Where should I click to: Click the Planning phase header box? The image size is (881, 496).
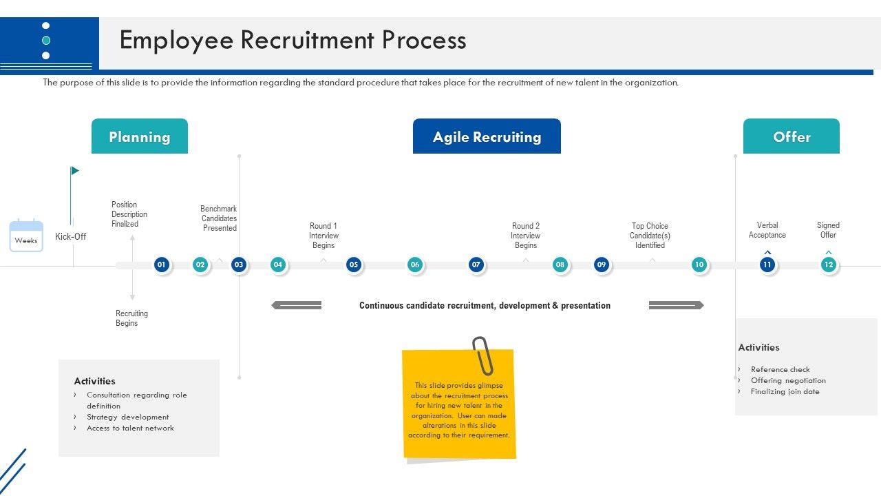point(139,136)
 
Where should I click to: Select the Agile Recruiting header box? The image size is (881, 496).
point(487,136)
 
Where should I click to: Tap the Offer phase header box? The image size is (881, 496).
point(791,136)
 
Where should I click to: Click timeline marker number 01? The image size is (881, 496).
point(161,265)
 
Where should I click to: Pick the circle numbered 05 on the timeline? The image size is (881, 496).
point(353,265)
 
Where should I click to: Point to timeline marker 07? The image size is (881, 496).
point(476,265)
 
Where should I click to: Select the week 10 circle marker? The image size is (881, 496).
point(699,265)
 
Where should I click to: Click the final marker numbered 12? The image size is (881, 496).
point(828,265)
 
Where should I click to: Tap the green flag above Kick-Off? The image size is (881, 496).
point(74,171)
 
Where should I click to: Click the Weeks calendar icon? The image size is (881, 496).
point(26,236)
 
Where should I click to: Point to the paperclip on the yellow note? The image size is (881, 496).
point(482,355)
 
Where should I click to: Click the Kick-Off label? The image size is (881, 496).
point(71,236)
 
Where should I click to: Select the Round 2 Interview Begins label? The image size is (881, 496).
point(525,236)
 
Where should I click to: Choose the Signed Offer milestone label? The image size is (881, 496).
point(828,230)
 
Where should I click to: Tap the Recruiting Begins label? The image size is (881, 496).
point(131,318)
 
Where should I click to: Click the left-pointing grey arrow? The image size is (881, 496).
point(297,305)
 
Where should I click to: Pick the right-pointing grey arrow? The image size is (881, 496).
point(676,305)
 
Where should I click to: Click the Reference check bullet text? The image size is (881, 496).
point(780,369)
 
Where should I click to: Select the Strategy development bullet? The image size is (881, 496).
point(127,417)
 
